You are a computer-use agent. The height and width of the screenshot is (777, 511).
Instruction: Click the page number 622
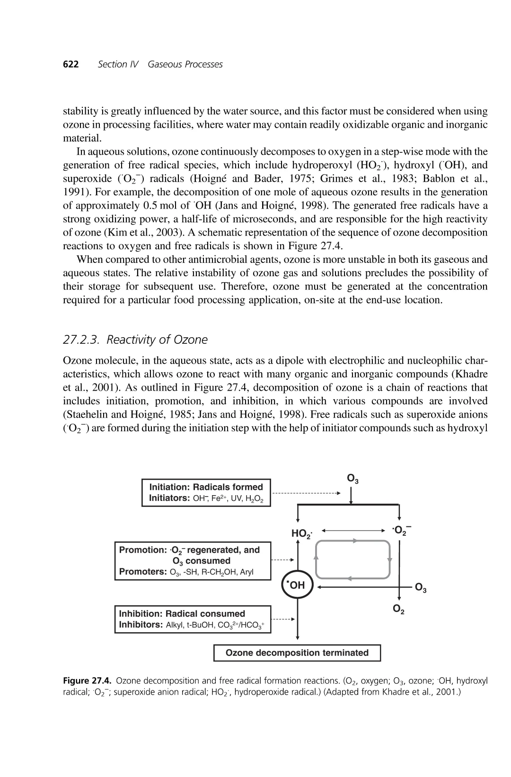[x=70, y=64]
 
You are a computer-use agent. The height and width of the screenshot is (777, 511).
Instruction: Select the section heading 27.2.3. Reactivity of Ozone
[x=135, y=340]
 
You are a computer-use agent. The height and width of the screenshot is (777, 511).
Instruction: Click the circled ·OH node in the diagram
[x=297, y=585]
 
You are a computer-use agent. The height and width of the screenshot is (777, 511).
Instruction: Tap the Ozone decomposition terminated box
[x=297, y=653]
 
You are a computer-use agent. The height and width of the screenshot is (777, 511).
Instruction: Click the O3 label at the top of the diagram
[x=353, y=479]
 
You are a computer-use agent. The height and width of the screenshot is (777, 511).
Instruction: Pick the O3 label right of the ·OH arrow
[x=421, y=588]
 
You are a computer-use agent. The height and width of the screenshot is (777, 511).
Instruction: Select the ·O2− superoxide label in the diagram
[x=401, y=530]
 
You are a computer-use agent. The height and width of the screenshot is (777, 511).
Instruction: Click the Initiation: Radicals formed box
[x=206, y=493]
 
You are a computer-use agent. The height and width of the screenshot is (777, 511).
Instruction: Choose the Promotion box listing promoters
[x=193, y=561]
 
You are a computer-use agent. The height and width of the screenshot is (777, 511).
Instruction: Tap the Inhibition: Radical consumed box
[x=193, y=619]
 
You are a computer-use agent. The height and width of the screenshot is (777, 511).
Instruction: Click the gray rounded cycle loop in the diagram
[x=353, y=559]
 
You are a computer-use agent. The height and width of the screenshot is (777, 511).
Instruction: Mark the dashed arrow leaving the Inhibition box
[x=283, y=619]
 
